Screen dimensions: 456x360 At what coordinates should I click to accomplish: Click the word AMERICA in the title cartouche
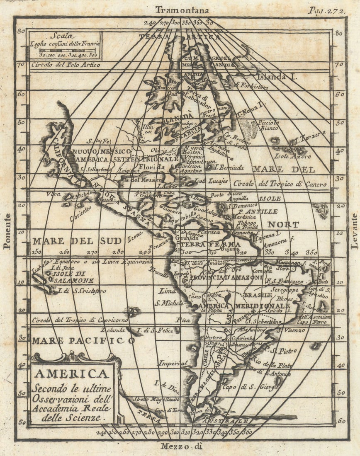(71, 374)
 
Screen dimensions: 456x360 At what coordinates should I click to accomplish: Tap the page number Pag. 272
(326, 11)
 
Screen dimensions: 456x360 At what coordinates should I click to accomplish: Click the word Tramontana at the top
(182, 10)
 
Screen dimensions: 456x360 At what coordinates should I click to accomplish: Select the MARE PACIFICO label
(83, 341)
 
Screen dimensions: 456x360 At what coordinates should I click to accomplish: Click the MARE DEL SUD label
(77, 241)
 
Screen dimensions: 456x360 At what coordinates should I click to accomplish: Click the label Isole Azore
(292, 156)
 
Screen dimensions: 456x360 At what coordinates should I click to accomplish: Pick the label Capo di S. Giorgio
(242, 388)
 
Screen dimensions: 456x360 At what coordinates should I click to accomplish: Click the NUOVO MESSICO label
(102, 152)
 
